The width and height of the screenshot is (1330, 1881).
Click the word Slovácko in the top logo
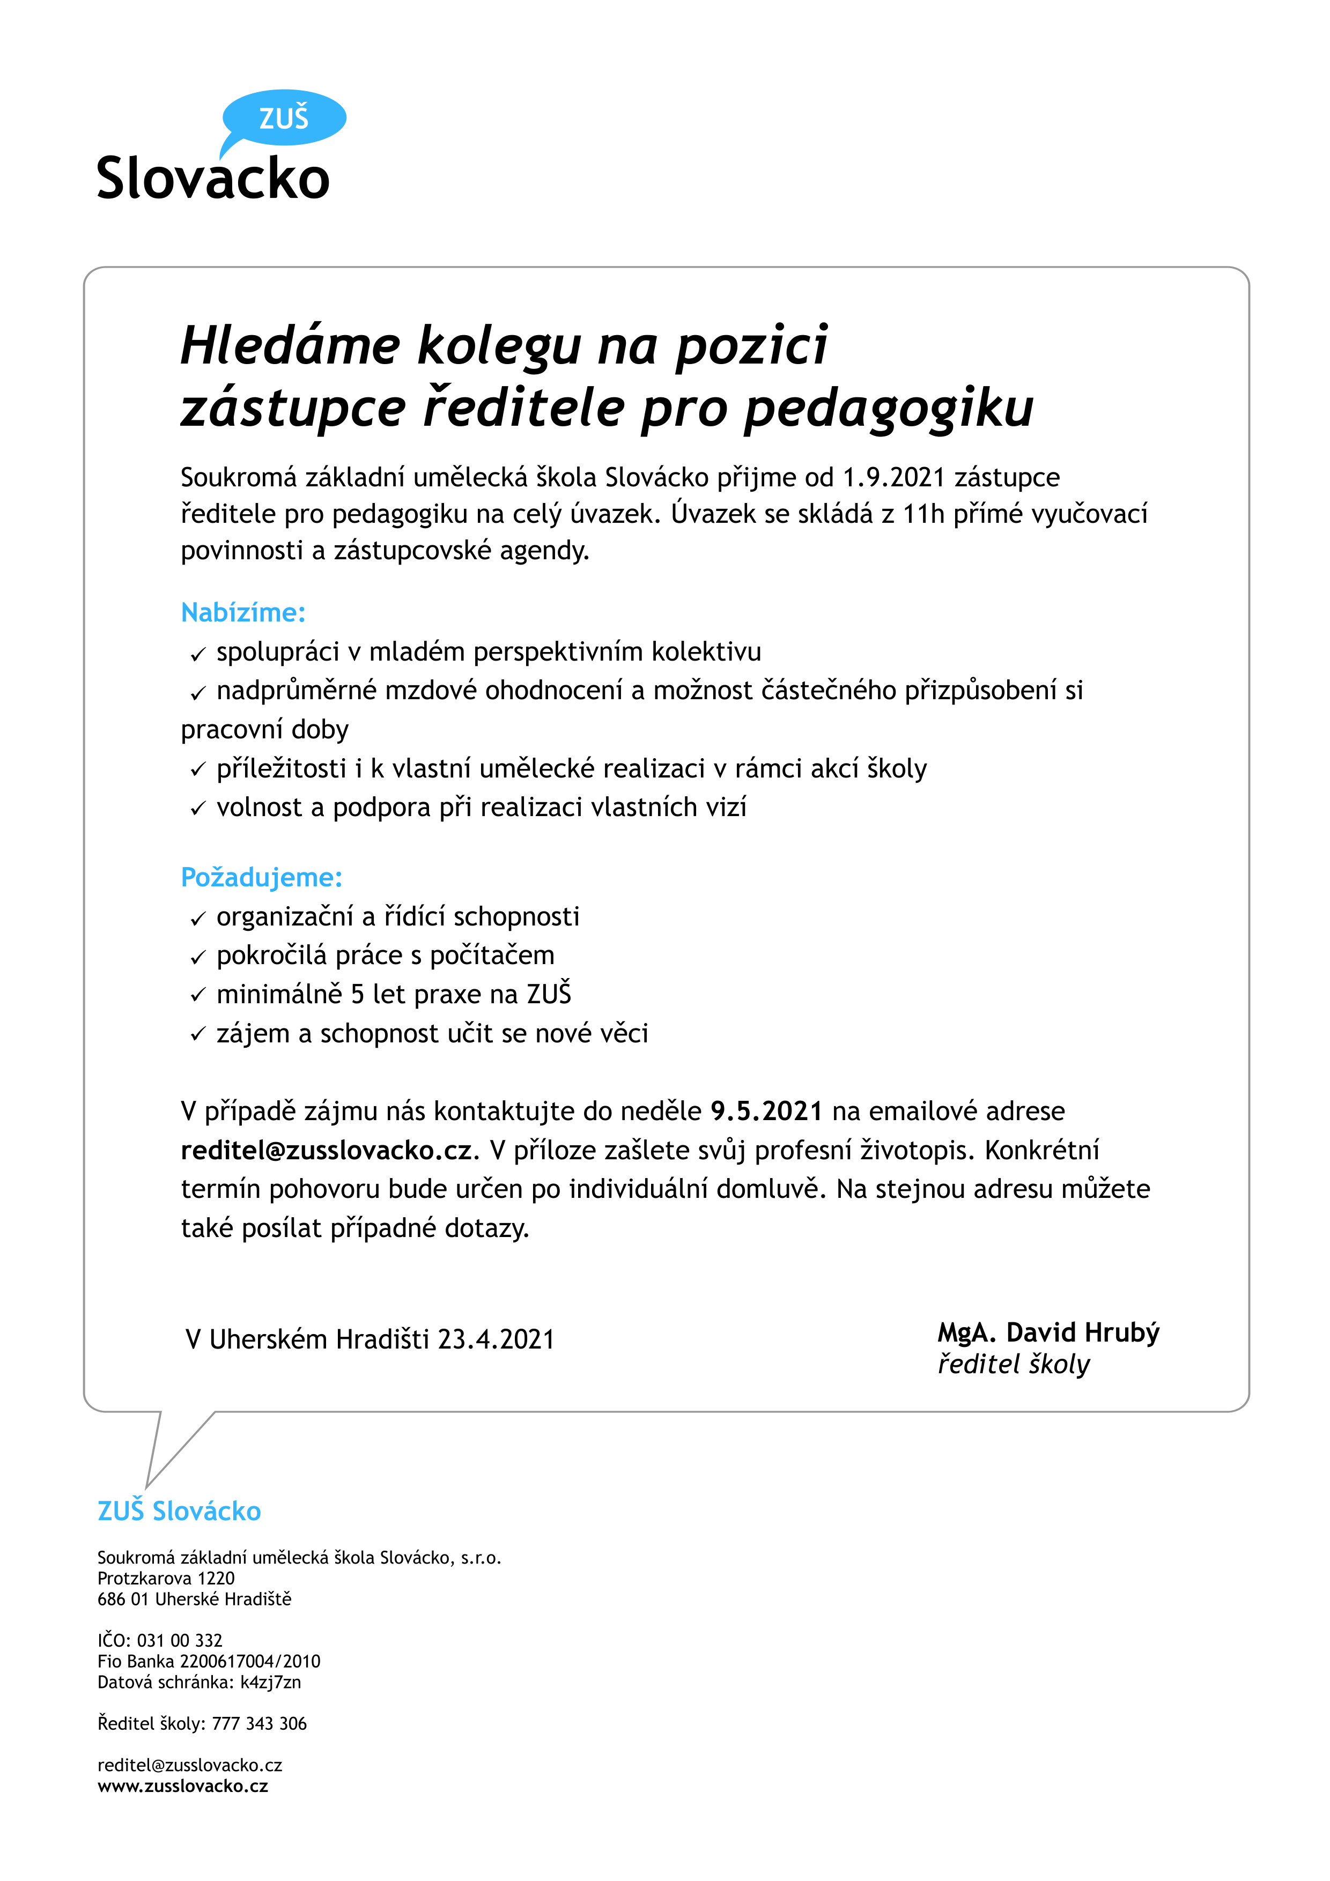[213, 179]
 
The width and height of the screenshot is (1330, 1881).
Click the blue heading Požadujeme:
[261, 877]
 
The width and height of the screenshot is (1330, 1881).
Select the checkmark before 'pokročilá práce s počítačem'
[197, 957]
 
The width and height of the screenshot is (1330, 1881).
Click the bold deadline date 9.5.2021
[766, 1111]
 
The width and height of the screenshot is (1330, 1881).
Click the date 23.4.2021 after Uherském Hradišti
[496, 1339]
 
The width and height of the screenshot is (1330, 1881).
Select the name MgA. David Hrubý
[1048, 1333]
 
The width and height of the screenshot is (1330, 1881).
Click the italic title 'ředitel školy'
[1014, 1365]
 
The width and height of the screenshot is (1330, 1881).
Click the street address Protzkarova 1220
[166, 1578]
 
